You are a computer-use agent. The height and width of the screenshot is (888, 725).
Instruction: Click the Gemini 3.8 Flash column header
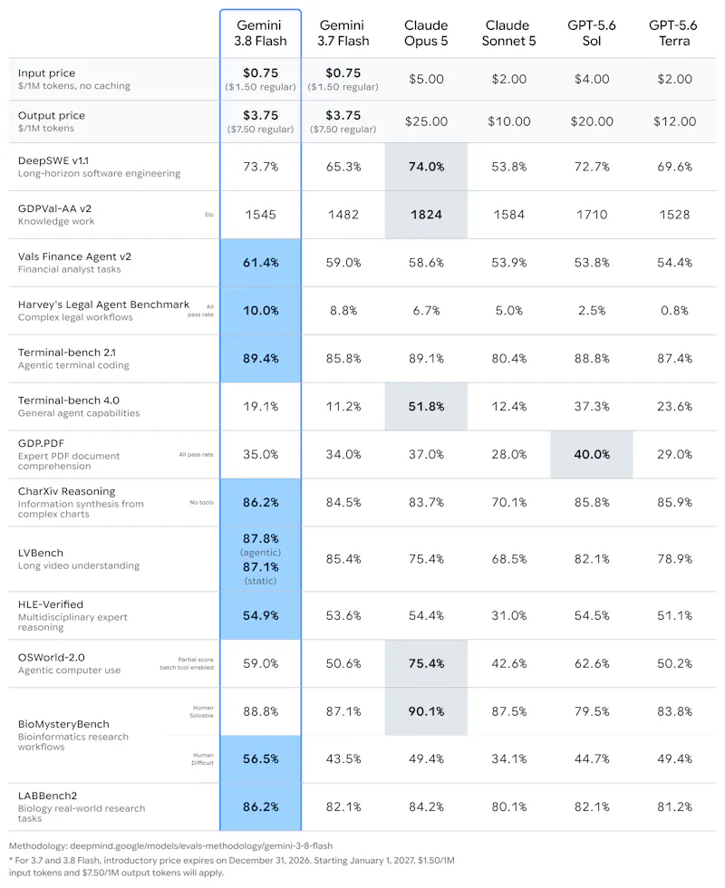tap(261, 33)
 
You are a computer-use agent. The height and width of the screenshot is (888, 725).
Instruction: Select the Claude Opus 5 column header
tap(426, 33)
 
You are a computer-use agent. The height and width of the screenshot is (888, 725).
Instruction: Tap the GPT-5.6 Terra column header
tap(673, 33)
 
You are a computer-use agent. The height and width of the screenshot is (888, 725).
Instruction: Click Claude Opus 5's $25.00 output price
tap(426, 121)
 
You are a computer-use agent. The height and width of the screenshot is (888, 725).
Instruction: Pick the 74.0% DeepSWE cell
tap(426, 167)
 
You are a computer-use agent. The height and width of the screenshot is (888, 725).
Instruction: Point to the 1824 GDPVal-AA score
tap(426, 215)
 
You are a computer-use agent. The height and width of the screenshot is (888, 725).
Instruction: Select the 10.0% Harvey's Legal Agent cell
tap(261, 310)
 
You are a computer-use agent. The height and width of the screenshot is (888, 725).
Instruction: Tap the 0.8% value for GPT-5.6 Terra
tap(674, 310)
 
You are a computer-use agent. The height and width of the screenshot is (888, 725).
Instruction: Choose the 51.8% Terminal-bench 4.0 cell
tap(426, 407)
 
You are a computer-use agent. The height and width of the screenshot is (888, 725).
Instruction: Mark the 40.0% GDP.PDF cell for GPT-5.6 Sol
tap(592, 454)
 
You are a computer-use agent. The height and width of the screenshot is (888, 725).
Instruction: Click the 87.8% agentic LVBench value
tap(261, 538)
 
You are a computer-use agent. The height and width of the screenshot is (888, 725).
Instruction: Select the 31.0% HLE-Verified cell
tap(508, 615)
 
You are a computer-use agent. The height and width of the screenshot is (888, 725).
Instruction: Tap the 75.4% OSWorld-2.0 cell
tap(426, 663)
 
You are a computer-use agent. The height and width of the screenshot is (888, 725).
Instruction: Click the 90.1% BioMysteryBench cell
tap(426, 711)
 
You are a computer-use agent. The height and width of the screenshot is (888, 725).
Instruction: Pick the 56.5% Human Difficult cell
tap(261, 759)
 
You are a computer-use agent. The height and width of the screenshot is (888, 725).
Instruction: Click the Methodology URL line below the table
tap(170, 845)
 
